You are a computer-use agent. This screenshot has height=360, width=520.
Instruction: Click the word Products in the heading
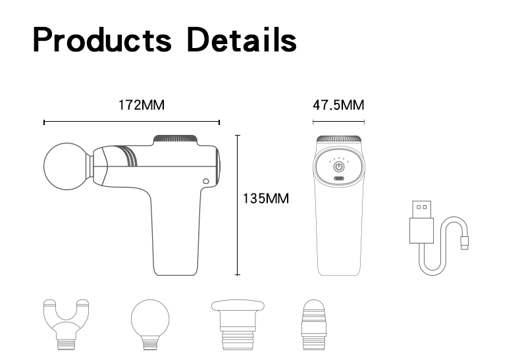coord(102,39)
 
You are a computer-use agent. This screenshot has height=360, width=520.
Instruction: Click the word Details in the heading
coord(242,39)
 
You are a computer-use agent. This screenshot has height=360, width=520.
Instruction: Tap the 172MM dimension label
coord(142,105)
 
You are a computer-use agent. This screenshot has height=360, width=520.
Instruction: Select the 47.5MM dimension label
coord(338,105)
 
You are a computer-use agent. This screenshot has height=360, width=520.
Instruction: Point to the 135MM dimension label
coord(266,199)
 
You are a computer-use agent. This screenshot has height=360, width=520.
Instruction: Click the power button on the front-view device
coord(338,167)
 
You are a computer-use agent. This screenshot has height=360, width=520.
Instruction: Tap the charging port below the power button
coord(338,178)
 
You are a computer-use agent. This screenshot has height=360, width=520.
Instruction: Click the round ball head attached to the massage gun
coord(67,167)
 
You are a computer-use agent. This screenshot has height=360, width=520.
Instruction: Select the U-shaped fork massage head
coord(66,324)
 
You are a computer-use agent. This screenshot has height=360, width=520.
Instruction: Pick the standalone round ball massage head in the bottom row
coord(150,324)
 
